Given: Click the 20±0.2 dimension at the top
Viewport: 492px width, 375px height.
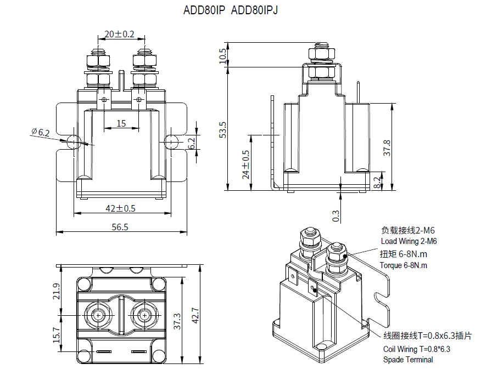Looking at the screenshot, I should [119, 34].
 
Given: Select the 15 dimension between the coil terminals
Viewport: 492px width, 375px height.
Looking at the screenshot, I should [121, 123].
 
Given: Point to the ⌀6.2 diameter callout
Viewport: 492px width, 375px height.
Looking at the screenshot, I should [41, 132].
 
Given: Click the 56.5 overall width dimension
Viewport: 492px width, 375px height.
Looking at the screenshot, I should [120, 226].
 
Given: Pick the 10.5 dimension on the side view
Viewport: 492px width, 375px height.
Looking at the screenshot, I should [222, 55].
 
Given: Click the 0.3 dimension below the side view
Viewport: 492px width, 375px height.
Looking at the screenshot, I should [336, 215].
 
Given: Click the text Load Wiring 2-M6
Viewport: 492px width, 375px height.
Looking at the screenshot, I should [409, 241].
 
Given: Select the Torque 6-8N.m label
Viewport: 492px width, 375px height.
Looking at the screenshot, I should [403, 265].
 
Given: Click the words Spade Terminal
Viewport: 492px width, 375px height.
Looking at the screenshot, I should [407, 360].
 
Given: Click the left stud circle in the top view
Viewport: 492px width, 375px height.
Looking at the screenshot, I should [98, 315].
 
